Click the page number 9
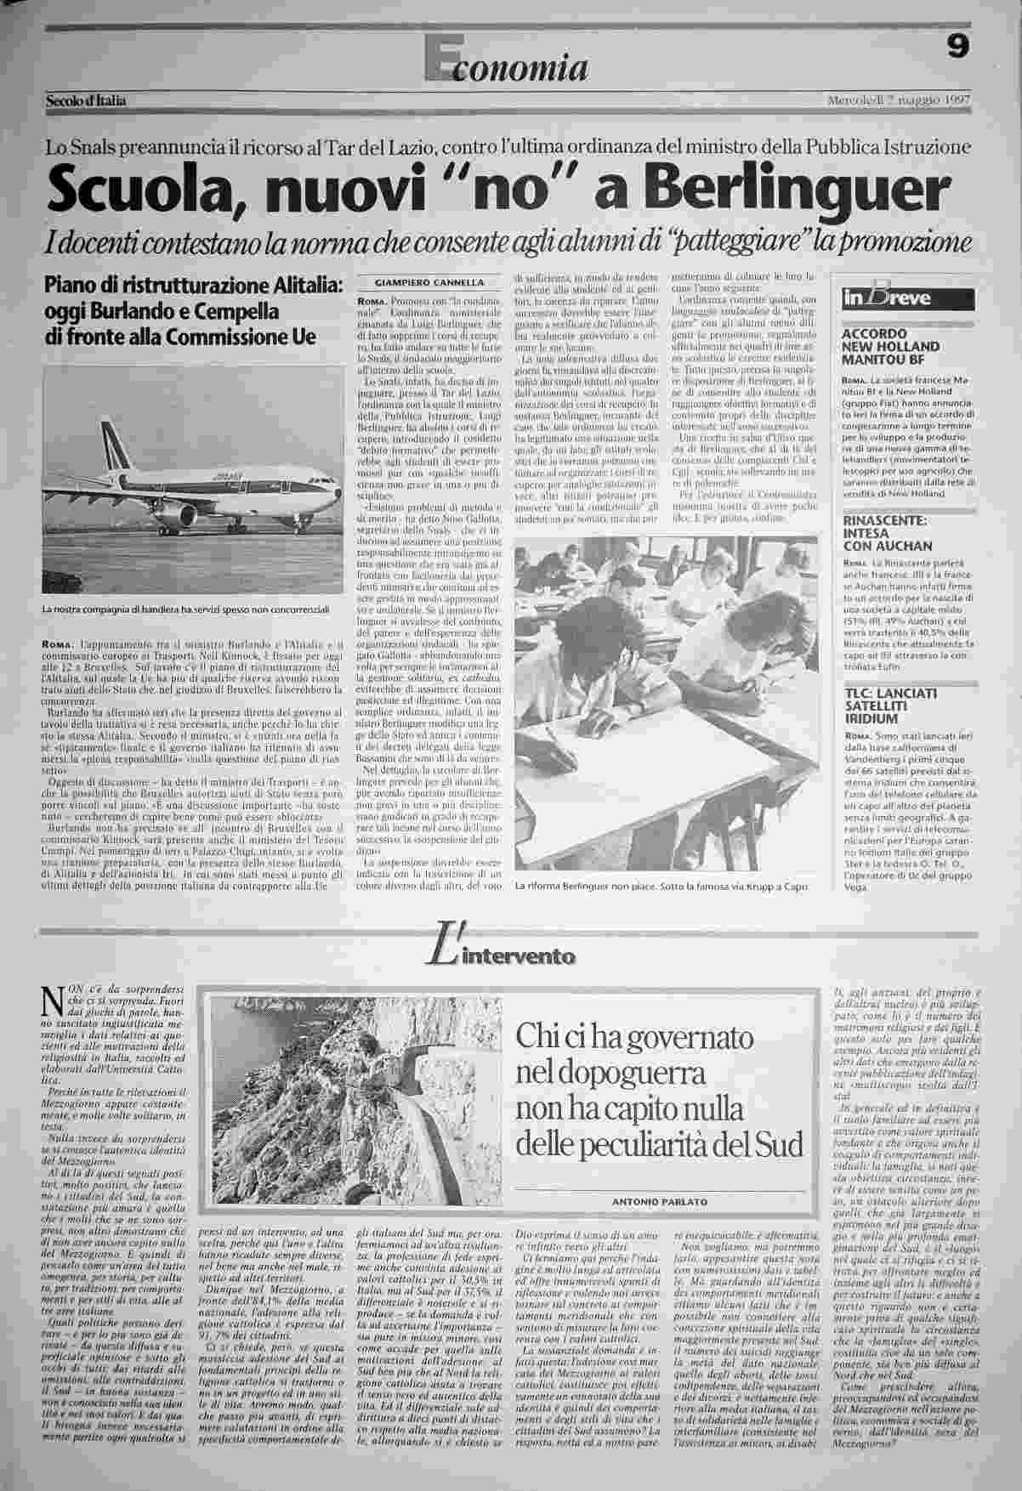(x=957, y=50)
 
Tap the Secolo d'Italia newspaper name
(x=86, y=102)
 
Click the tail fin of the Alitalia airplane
(x=110, y=442)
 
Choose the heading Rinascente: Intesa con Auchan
(x=887, y=532)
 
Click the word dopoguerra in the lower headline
(x=632, y=1074)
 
